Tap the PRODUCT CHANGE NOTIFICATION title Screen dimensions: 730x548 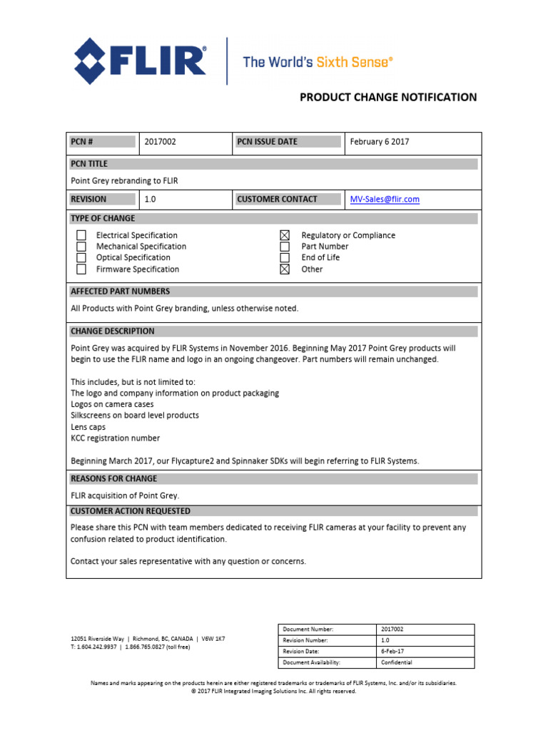(x=387, y=97)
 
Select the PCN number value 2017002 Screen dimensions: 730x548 (x=160, y=142)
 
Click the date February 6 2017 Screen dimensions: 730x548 (x=379, y=142)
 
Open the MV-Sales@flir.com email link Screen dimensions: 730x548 (x=384, y=200)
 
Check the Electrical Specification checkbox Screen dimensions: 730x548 (x=81, y=235)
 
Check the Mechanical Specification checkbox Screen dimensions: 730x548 (x=81, y=247)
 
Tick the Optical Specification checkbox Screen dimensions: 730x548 (x=81, y=258)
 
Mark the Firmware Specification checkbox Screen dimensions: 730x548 (x=81, y=269)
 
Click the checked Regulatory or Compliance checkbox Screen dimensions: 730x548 (x=285, y=235)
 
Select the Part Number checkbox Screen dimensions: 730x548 (x=285, y=247)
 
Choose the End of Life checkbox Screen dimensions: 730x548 (x=285, y=258)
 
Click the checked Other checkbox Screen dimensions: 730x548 (x=285, y=269)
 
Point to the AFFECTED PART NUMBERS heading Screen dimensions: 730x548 (x=120, y=292)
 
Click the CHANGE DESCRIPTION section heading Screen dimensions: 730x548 (x=112, y=331)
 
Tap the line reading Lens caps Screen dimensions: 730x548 (x=88, y=427)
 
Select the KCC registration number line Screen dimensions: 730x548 (x=115, y=438)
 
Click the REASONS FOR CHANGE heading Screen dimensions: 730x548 (x=113, y=478)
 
